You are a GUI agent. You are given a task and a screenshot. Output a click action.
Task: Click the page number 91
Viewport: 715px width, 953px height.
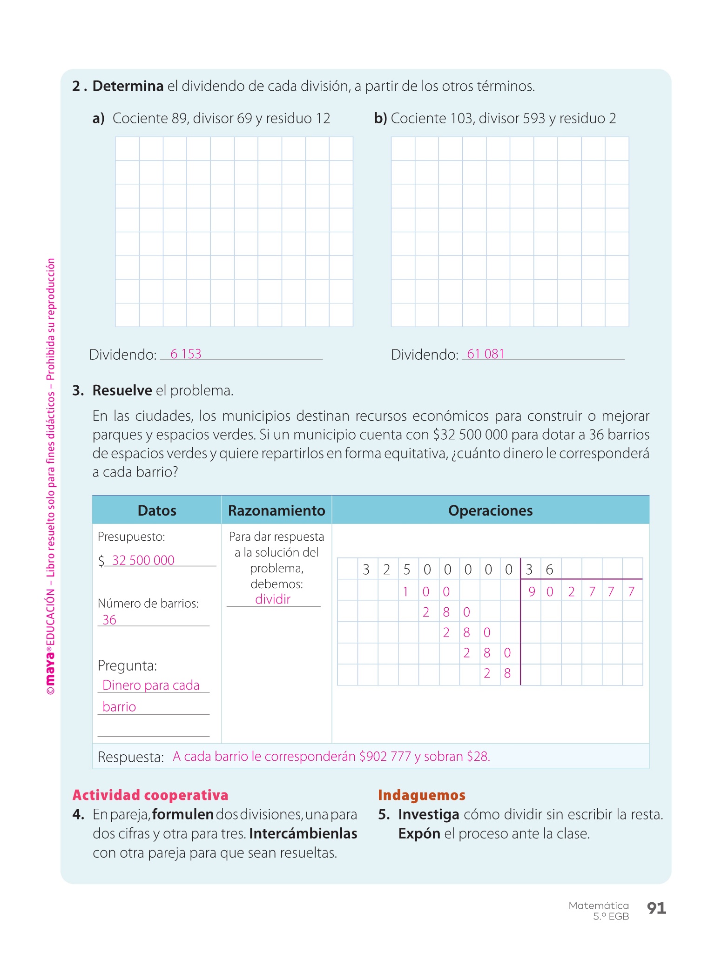click(656, 908)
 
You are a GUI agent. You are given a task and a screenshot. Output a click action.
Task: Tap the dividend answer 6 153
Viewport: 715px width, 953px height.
click(186, 354)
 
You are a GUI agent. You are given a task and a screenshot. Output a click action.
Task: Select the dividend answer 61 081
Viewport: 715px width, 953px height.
click(486, 354)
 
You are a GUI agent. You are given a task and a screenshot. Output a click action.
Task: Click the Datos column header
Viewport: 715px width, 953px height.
click(157, 510)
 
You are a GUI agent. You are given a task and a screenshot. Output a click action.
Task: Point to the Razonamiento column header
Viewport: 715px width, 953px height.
click(277, 510)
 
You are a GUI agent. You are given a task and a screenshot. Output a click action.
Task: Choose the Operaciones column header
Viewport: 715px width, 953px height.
click(490, 510)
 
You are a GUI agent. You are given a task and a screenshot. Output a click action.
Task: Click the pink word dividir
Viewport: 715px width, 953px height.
click(273, 599)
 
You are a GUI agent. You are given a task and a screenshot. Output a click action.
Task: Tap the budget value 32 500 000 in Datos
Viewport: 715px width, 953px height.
click(143, 560)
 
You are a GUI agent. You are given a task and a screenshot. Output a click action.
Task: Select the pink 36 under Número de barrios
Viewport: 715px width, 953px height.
click(109, 620)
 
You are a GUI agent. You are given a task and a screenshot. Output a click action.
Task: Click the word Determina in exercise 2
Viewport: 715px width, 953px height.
click(128, 86)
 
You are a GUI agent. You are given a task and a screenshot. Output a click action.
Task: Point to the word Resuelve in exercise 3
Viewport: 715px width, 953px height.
click(122, 390)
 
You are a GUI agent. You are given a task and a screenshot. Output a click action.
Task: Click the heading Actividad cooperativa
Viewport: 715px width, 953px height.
click(150, 795)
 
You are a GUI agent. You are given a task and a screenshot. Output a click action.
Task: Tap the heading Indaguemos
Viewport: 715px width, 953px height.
click(421, 795)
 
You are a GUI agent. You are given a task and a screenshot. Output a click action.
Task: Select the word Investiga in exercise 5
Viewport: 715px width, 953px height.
click(429, 814)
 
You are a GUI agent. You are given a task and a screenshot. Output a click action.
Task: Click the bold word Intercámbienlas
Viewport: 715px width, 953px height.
click(303, 833)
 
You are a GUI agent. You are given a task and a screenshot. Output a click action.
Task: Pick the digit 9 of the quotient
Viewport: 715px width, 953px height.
click(532, 592)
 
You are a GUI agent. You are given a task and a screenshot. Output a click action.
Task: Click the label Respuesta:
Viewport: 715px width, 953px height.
click(131, 757)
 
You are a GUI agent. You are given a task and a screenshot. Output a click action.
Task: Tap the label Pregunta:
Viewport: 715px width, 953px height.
click(127, 666)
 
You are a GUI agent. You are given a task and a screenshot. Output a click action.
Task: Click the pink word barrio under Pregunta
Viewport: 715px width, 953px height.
click(119, 707)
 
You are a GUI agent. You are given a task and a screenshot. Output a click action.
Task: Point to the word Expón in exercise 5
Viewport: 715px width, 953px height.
click(419, 833)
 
